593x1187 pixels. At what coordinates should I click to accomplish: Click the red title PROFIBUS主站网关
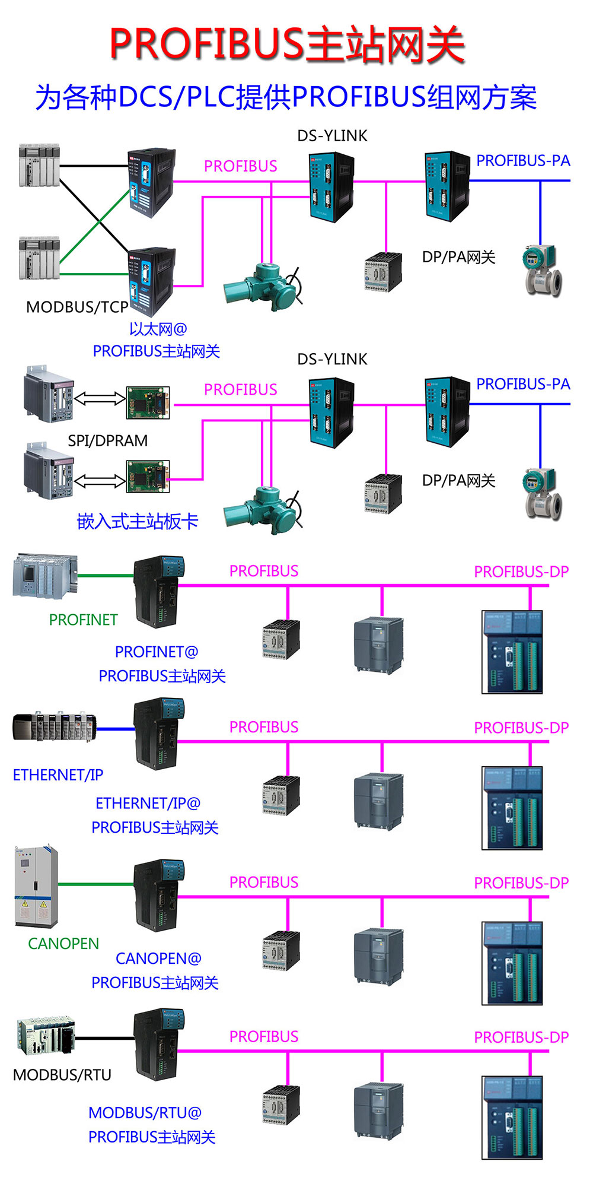[287, 44]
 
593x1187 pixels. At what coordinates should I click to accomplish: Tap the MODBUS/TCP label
[77, 307]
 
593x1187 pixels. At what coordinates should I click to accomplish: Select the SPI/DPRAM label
[107, 441]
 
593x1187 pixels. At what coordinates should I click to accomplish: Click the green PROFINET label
[83, 620]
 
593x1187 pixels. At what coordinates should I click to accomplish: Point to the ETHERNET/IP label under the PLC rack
[58, 775]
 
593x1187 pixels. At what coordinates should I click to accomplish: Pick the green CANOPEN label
[63, 944]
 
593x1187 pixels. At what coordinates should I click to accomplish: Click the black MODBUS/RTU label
[62, 1075]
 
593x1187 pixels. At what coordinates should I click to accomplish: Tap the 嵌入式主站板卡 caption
[138, 522]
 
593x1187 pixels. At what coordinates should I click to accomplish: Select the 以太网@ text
[158, 329]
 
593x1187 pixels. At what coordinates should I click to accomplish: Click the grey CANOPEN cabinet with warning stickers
[36, 887]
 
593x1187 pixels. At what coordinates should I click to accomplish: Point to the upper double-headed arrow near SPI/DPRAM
[100, 399]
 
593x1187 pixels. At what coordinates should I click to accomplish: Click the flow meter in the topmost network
[542, 271]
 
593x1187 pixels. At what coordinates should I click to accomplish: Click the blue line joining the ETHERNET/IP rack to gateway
[116, 729]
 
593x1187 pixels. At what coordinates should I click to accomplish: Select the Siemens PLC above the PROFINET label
[44, 575]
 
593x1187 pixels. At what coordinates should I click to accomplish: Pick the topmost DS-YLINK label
[332, 136]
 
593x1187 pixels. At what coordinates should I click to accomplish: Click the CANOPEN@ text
[158, 959]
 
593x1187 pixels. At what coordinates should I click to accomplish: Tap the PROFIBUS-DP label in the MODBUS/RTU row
[521, 1037]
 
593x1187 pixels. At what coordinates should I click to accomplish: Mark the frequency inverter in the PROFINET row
[378, 644]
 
